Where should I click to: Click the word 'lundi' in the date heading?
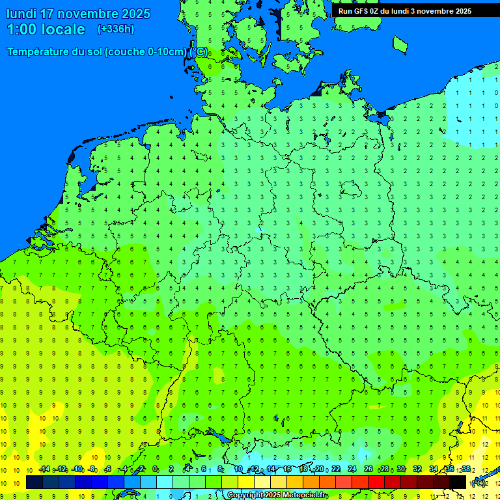[x=21, y=14]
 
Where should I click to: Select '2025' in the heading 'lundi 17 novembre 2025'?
[x=133, y=14]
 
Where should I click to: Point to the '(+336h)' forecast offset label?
[x=116, y=29]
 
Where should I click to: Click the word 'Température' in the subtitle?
[x=39, y=52]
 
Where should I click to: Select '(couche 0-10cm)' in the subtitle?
[x=147, y=52]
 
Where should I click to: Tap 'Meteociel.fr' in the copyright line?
[x=304, y=495]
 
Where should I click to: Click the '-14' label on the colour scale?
[x=44, y=469]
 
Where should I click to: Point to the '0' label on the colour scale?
[x=155, y=469]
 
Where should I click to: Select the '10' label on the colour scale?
[x=238, y=469]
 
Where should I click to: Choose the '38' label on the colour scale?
[x=466, y=469]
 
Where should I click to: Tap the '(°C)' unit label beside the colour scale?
[x=479, y=482]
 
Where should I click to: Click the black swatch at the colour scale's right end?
[x=458, y=482]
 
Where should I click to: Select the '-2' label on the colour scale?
[x=139, y=469]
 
